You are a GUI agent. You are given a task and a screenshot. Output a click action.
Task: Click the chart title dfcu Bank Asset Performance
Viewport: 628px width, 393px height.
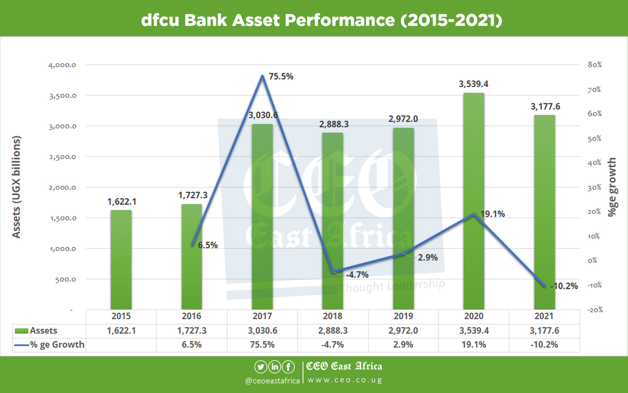(x=322, y=20)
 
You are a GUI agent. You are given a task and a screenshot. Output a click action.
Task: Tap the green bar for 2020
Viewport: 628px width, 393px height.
(x=474, y=201)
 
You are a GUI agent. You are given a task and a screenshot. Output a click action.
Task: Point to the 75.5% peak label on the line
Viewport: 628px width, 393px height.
(x=281, y=76)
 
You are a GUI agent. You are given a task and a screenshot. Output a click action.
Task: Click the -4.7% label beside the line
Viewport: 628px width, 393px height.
(x=357, y=274)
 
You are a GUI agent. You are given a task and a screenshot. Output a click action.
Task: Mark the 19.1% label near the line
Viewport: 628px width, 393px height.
(x=493, y=214)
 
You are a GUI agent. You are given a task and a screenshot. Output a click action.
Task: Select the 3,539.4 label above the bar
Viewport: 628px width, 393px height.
(x=473, y=84)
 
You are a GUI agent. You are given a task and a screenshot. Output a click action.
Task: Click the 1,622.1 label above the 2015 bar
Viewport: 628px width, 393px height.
(x=122, y=201)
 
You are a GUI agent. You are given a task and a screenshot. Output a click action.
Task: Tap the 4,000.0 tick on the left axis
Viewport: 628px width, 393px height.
(x=62, y=65)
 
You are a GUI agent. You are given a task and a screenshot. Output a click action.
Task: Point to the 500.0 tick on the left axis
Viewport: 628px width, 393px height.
(x=65, y=279)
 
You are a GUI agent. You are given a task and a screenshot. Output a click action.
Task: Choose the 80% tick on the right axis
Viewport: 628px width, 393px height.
(x=594, y=65)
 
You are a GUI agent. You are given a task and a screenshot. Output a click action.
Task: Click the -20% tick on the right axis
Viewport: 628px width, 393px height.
(x=595, y=310)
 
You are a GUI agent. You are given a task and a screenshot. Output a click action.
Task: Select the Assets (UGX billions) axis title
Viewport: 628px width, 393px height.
(x=16, y=187)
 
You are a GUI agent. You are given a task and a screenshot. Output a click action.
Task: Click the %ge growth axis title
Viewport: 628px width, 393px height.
(x=612, y=187)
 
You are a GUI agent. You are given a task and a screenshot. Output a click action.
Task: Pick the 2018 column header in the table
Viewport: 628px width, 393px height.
(x=333, y=316)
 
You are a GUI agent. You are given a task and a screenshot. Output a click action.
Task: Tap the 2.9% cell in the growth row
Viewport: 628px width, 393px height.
(x=403, y=345)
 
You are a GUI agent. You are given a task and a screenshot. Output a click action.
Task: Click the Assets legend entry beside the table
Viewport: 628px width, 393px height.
(x=36, y=330)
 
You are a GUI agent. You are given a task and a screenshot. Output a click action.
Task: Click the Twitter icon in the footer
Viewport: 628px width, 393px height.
(x=261, y=367)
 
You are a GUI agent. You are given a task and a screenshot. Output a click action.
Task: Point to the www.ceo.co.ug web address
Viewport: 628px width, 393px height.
(x=345, y=380)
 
